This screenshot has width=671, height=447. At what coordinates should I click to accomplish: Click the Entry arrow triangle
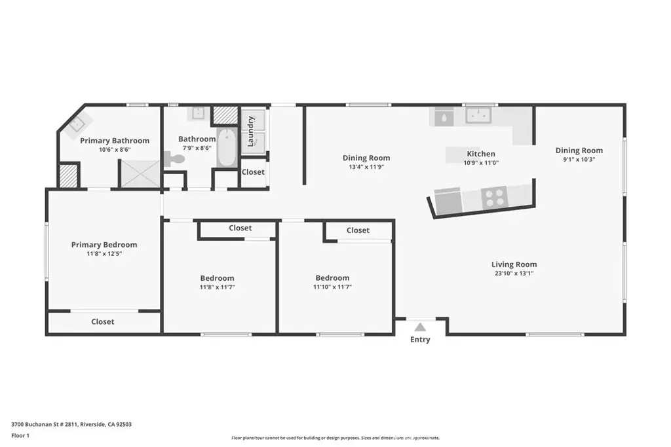(x=420, y=327)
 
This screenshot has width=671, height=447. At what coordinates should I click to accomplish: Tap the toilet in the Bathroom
(x=174, y=159)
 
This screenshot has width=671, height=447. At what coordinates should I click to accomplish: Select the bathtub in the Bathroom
(x=226, y=147)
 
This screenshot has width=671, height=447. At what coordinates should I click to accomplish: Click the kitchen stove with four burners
(x=494, y=198)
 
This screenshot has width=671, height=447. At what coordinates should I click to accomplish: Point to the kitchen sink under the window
(x=478, y=115)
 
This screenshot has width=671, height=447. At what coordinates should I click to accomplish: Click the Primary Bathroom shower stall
(x=140, y=173)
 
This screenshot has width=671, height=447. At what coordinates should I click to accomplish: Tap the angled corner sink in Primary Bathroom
(x=77, y=124)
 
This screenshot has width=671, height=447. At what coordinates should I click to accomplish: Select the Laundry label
(x=251, y=131)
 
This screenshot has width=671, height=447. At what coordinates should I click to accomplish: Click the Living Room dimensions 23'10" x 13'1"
(x=514, y=274)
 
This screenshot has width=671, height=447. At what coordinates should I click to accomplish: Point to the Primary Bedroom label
(x=104, y=244)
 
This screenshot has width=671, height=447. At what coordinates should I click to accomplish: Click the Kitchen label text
(x=481, y=154)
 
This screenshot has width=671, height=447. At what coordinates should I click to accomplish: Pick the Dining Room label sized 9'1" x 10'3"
(x=579, y=151)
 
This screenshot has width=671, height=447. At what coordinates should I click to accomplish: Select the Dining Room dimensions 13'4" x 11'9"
(x=366, y=167)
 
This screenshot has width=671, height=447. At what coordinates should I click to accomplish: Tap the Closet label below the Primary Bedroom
(x=103, y=322)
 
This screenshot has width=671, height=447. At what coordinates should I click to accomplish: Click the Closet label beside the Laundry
(x=253, y=171)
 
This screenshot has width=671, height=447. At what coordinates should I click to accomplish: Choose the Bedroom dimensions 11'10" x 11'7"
(x=332, y=287)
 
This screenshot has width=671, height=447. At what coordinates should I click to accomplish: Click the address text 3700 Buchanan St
(x=44, y=424)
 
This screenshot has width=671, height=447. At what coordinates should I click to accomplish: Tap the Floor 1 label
(x=20, y=435)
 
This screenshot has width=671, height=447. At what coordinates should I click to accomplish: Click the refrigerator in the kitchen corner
(x=444, y=117)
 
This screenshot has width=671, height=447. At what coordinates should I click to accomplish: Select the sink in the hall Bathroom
(x=198, y=113)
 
